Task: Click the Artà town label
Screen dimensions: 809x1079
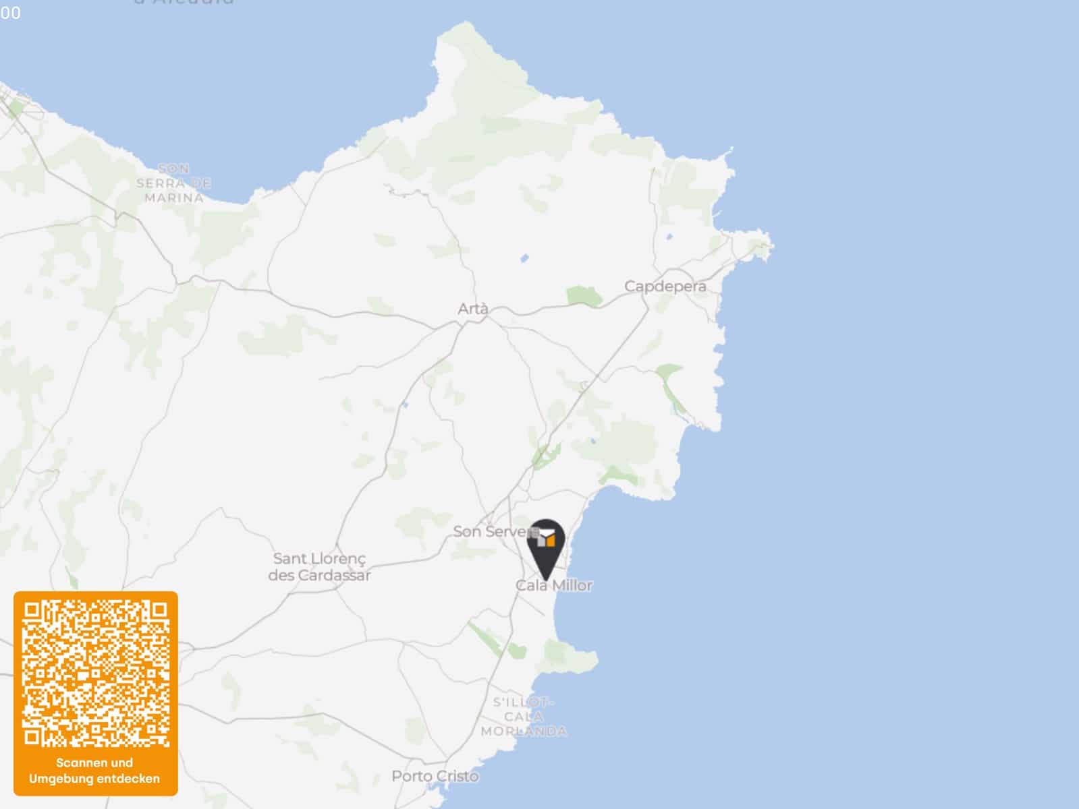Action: coord(472,309)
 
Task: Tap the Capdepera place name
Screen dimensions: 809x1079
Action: coord(665,286)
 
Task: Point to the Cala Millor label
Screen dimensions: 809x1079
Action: coord(554,585)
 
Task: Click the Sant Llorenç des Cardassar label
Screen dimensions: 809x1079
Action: coord(319,567)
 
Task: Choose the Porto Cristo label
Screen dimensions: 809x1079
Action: coord(435,776)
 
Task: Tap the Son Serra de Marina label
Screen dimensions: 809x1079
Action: coord(173,183)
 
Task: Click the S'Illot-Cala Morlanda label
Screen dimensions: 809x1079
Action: coord(524,717)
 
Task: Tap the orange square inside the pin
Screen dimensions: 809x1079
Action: coord(551,540)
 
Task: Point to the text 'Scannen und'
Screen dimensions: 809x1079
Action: coord(94,762)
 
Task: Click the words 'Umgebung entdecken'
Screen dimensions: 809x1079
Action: coord(94,779)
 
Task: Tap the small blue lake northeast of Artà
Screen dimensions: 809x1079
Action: coord(524,258)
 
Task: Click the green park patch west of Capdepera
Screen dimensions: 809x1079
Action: coord(584,295)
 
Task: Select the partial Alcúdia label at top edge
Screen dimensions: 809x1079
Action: coord(184,2)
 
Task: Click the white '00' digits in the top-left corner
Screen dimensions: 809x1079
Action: coord(10,13)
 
